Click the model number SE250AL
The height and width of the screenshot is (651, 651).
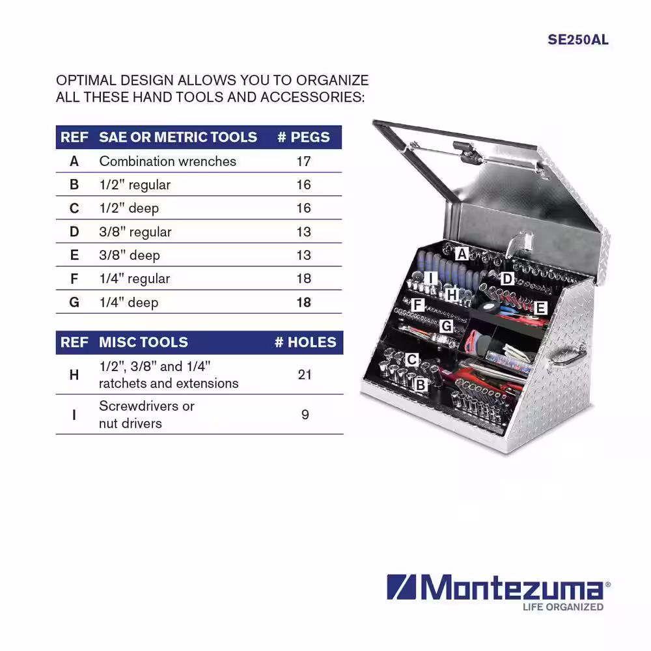578,40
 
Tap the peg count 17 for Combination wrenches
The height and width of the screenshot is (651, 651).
303,161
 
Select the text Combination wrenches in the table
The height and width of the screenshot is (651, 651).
168,161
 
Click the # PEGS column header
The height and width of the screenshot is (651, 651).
303,137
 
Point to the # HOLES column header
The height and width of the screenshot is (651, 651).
305,342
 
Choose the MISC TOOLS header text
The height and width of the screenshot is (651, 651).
143,342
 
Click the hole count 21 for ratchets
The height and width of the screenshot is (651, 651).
305,374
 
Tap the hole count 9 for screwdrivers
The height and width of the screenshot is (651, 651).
305,414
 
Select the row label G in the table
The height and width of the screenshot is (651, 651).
74,302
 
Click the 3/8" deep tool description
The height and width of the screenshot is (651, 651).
130,255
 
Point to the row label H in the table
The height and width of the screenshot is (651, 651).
74,374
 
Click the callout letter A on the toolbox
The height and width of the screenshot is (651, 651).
462,253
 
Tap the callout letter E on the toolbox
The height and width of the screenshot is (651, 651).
540,308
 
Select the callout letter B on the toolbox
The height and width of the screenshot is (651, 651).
420,385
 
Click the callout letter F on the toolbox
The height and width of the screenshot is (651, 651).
417,305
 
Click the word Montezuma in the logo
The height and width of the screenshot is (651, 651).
512,587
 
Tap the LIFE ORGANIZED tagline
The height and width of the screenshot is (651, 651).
563,607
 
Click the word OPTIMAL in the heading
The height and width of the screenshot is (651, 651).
85,80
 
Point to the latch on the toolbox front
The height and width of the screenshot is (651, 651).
518,245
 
